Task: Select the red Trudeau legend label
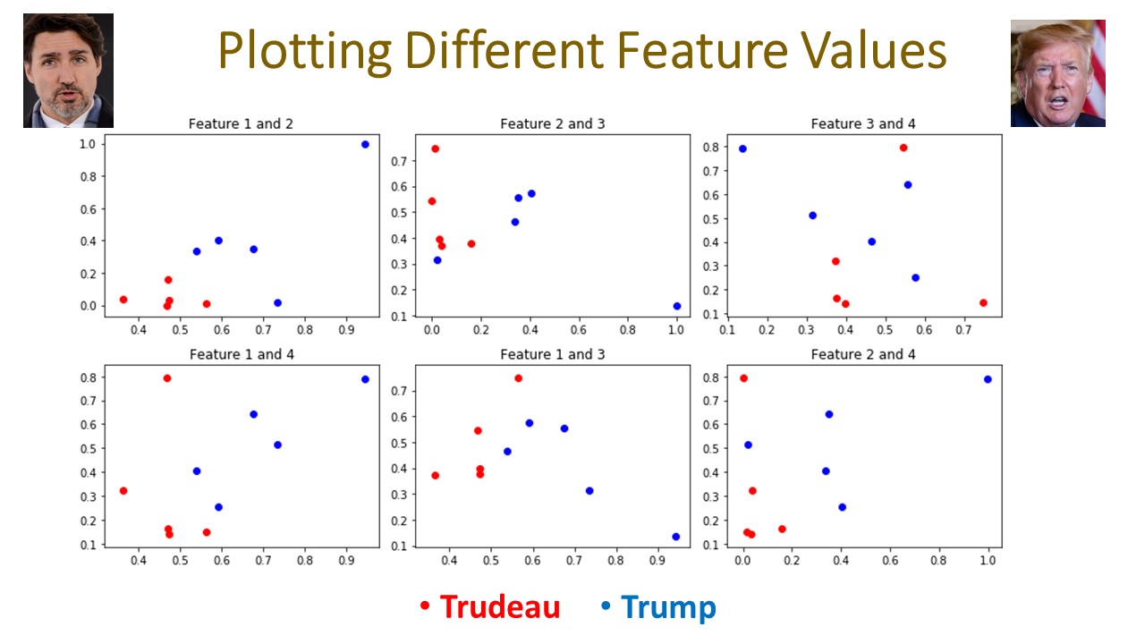499,607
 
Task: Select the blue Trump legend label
668,607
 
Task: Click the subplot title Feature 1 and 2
241,124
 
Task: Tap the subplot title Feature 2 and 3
552,124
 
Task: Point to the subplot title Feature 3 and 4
863,124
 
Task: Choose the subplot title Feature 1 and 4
241,355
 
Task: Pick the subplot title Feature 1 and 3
552,355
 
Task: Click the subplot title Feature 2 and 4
863,355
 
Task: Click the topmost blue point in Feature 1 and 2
365,144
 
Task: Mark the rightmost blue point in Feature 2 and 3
677,306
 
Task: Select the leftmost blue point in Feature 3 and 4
742,148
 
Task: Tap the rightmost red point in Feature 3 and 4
983,302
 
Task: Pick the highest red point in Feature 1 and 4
167,378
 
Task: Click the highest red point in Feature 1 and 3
518,378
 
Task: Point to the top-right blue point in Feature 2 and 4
988,379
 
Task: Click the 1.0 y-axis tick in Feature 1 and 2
88,144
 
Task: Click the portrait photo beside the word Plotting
68,71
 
